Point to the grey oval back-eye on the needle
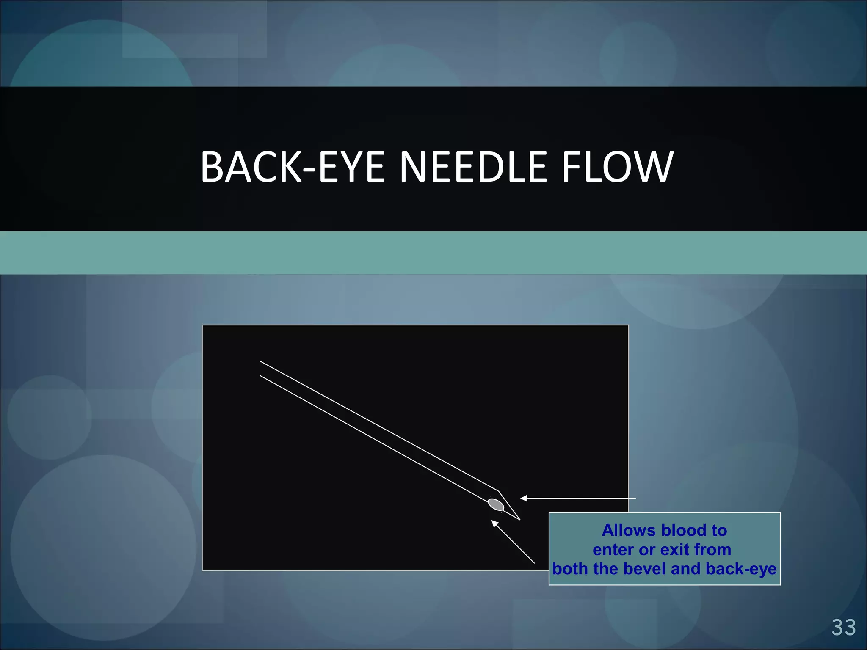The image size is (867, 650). point(496,504)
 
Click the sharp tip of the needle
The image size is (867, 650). point(519,519)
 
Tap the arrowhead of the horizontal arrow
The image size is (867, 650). point(524,499)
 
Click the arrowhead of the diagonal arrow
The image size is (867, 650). point(494,523)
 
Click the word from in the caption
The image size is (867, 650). point(713,550)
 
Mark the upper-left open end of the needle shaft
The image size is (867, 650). point(260,368)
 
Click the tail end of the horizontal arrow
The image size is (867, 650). point(635,499)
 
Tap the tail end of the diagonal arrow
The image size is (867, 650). point(534,563)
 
